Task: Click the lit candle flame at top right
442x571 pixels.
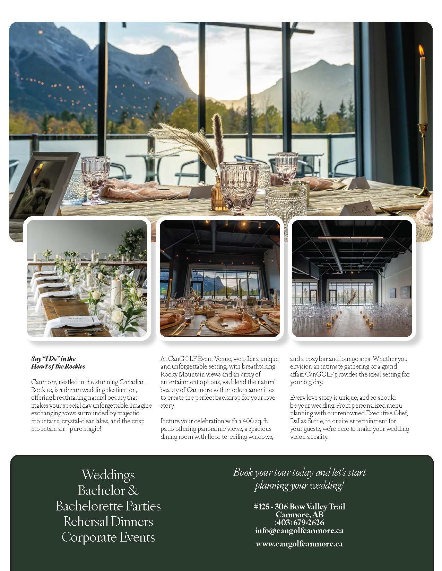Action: [x=422, y=51]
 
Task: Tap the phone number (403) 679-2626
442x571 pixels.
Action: [x=299, y=523]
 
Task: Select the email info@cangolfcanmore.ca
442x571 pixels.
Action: [x=299, y=530]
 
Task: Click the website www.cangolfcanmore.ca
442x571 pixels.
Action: [x=299, y=544]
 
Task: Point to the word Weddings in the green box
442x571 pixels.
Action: [x=108, y=474]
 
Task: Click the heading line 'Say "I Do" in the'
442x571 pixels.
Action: [x=53, y=359]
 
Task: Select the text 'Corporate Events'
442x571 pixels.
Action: [x=108, y=537]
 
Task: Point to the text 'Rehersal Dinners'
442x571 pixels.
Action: [x=108, y=522]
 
